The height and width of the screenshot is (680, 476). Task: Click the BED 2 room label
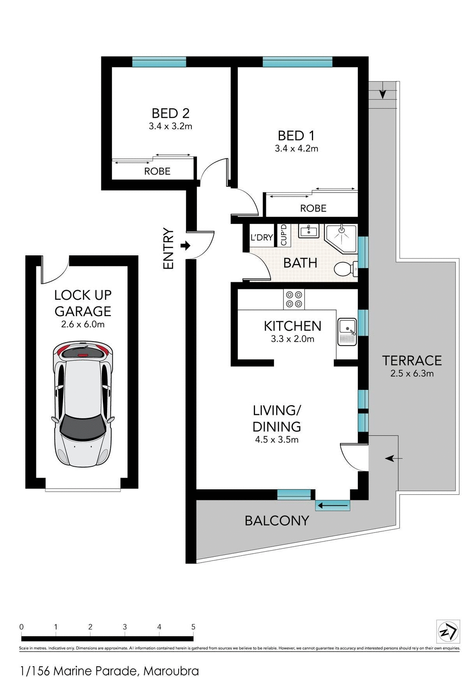tap(170, 113)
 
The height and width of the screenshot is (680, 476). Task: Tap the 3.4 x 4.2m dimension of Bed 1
tap(296, 149)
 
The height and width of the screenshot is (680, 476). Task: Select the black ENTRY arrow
tap(186, 246)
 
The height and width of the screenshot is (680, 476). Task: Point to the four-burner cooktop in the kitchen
tap(294, 299)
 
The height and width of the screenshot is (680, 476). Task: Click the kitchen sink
tap(347, 331)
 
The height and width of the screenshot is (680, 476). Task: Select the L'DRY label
tap(262, 237)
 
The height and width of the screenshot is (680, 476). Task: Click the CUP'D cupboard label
tap(283, 235)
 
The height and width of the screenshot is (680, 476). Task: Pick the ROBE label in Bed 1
tap(313, 208)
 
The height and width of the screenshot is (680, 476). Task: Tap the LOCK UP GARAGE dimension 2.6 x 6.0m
tap(83, 324)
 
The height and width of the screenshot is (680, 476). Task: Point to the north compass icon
tap(448, 631)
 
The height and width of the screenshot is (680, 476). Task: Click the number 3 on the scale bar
tap(125, 627)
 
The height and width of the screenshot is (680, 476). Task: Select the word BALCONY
tap(277, 521)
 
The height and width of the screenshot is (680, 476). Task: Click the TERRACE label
tap(412, 361)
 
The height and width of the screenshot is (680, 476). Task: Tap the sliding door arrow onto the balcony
tap(333, 506)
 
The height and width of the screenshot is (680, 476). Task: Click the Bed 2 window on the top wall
tap(159, 62)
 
